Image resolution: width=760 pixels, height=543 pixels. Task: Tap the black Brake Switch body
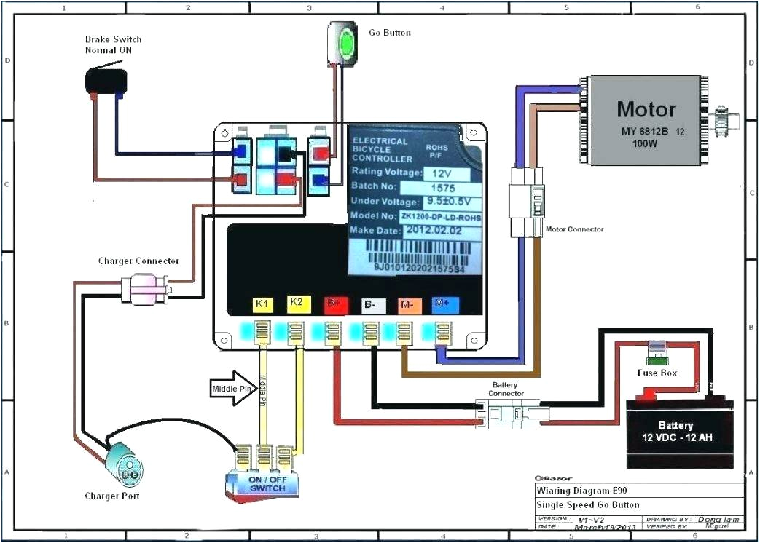(x=106, y=81)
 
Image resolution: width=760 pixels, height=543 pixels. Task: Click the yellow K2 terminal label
(x=296, y=303)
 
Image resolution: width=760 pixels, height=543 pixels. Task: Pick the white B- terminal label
(x=371, y=304)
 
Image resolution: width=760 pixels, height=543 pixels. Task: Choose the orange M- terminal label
(x=406, y=304)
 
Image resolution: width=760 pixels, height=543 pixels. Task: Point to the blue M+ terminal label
(x=442, y=304)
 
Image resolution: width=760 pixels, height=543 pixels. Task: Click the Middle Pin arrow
(x=230, y=386)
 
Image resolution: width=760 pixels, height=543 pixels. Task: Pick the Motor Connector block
(x=526, y=202)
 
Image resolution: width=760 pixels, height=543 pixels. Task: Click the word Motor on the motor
(x=646, y=110)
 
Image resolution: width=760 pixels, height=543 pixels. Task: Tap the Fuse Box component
(x=657, y=354)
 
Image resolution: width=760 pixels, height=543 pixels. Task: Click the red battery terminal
(x=645, y=397)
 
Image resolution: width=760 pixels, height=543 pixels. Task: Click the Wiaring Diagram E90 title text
(x=581, y=490)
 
